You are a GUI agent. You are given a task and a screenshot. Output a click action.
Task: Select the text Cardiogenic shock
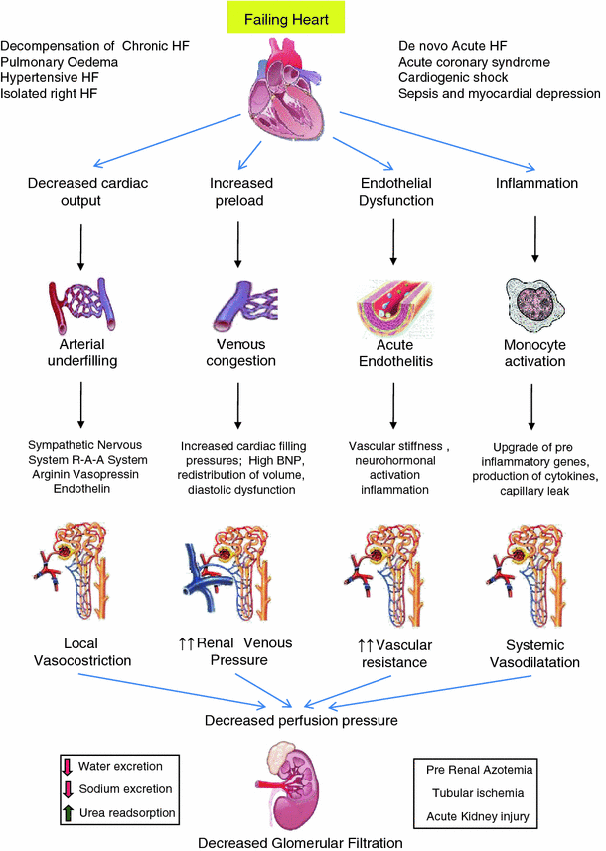click(x=452, y=77)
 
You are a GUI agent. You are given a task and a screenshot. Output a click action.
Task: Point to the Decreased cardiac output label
click(x=80, y=192)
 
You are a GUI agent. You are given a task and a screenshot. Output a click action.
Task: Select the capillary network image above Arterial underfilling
click(x=80, y=304)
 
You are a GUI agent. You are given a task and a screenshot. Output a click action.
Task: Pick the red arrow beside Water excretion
click(x=68, y=767)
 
